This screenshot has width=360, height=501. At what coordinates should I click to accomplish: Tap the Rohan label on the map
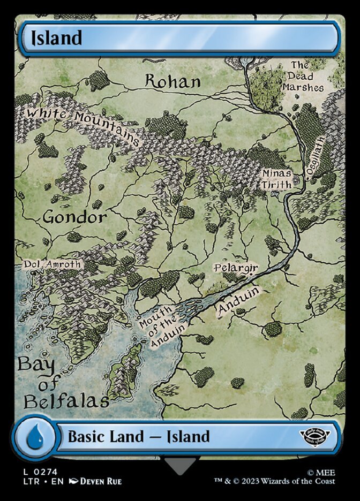173,82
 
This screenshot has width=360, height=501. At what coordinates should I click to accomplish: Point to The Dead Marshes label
307,76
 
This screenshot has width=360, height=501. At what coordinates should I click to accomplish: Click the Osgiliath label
316,156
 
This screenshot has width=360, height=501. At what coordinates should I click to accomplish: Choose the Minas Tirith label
276,179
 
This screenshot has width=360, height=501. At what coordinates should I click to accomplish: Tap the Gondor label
74,217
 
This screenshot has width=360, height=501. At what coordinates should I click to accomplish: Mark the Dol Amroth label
52,264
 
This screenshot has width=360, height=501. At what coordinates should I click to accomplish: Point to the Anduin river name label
238,302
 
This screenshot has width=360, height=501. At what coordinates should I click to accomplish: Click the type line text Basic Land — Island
138,436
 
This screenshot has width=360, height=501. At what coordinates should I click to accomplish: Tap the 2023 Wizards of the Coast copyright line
289,481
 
